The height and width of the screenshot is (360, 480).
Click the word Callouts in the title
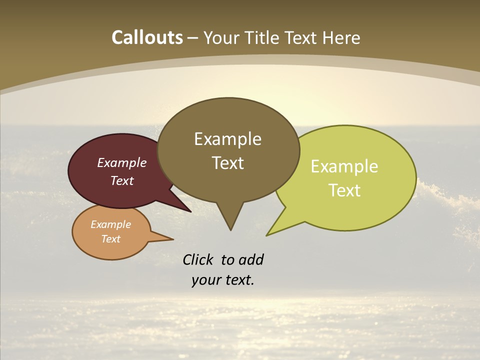(147, 37)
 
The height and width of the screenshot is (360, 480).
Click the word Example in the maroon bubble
(122, 162)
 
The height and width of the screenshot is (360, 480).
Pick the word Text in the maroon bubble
(122, 180)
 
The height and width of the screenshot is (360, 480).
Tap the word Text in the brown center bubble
(227, 162)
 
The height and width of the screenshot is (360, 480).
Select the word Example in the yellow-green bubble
(344, 166)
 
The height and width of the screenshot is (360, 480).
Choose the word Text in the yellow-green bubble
(344, 190)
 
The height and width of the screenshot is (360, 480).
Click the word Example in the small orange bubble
(110, 224)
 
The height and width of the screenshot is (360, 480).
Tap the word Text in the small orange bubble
(110, 239)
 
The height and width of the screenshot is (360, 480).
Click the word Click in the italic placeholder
(197, 259)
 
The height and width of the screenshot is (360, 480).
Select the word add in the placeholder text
(251, 259)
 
